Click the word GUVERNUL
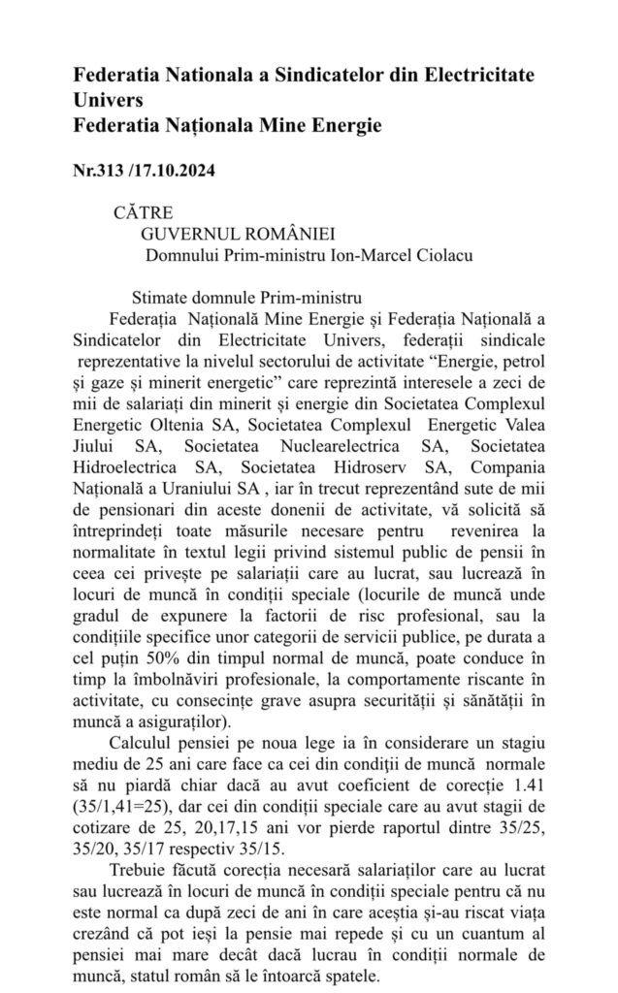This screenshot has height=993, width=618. pos(189,234)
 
